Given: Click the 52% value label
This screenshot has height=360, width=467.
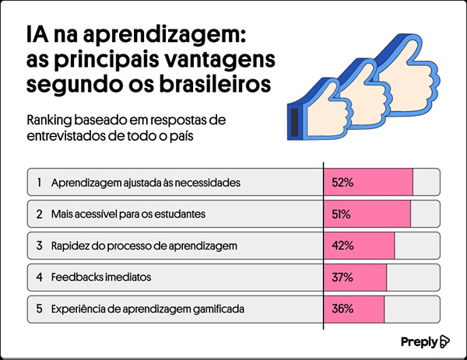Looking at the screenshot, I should click(342, 183).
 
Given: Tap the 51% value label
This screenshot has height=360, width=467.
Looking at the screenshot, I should click(342, 214).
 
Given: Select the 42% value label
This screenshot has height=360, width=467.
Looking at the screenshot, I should click(342, 246).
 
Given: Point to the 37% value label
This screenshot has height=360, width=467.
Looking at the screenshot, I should click(342, 277).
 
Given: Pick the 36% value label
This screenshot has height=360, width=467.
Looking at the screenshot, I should click(342, 309).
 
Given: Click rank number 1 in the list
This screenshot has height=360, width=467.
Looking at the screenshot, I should click(38, 183).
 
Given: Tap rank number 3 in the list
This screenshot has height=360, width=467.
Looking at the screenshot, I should click(38, 246).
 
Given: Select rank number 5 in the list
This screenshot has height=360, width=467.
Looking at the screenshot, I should click(38, 309).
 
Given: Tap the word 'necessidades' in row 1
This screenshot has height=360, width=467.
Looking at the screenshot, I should click(208, 183).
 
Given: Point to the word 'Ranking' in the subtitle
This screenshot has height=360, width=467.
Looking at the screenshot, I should click(49, 121).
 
